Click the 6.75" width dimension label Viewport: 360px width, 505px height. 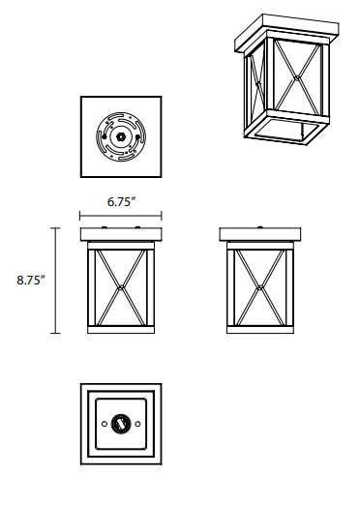(x=121, y=202)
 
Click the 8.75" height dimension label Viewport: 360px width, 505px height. (x=31, y=280)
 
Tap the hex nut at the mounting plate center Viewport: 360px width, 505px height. (x=121, y=136)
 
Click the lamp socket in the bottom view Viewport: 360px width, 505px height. (x=121, y=424)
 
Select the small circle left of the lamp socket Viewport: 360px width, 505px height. (x=105, y=424)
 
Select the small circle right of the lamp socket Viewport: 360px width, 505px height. (x=137, y=424)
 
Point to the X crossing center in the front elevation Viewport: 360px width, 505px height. (x=121, y=287)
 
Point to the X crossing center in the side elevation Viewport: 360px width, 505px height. (x=260, y=287)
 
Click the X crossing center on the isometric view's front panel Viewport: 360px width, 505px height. (x=297, y=77)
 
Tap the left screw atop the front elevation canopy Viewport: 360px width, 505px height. (x=105, y=227)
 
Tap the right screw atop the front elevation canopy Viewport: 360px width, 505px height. (x=137, y=227)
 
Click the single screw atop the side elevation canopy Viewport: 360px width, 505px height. (x=260, y=227)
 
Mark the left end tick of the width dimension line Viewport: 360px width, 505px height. (x=80, y=216)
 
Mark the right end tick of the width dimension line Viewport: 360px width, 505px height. (x=162, y=216)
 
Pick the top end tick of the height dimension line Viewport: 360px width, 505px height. (x=55, y=228)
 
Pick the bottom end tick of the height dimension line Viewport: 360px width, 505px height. (x=55, y=333)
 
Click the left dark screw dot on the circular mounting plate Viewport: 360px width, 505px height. (x=104, y=136)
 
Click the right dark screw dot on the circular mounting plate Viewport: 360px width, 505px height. (x=138, y=136)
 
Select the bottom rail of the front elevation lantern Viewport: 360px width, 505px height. (x=121, y=330)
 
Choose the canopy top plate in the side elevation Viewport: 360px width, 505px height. (x=260, y=234)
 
